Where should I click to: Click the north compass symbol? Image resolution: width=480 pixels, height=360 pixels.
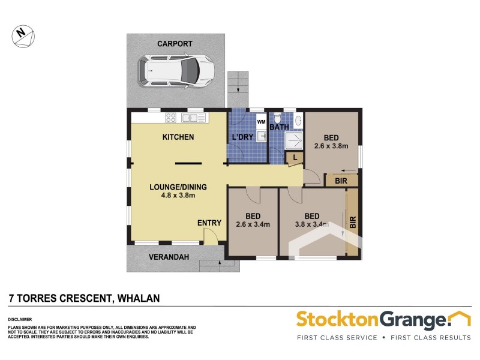tap(23, 34)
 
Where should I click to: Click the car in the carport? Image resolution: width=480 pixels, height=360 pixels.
tap(175, 71)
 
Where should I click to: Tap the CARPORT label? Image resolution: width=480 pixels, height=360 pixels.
tap(175, 44)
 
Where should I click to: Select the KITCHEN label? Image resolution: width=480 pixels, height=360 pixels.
tap(178, 137)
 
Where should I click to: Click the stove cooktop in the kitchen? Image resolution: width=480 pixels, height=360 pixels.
tap(170, 118)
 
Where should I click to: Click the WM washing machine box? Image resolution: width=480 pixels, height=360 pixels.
tap(261, 122)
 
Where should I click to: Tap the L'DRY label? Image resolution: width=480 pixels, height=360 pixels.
tap(242, 138)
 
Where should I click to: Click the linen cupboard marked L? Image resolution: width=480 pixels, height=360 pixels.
tap(294, 157)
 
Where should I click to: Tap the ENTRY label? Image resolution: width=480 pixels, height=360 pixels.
tap(209, 223)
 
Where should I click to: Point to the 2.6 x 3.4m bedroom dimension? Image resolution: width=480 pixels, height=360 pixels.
tap(253, 225)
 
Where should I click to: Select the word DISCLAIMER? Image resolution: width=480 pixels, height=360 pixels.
tap(20, 319)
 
